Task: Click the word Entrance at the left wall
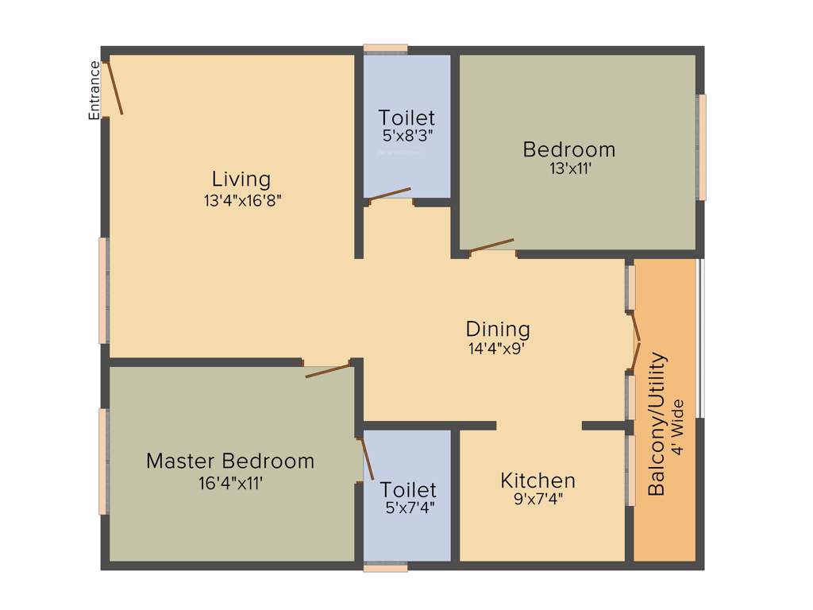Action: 94,90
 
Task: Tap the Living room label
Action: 241,179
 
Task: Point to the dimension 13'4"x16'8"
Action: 243,200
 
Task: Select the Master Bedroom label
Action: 230,461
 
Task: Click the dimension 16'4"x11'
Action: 230,482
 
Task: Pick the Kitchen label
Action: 538,481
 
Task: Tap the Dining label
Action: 498,329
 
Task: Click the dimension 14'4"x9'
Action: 498,347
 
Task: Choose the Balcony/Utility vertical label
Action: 657,424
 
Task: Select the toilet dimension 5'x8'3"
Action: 406,136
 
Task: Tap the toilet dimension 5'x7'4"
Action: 410,508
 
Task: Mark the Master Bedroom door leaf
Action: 327,370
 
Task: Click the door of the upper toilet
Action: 390,194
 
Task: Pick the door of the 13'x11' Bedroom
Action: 491,245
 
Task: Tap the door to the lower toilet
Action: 367,458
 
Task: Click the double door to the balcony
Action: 635,342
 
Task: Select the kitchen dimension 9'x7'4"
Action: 538,500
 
